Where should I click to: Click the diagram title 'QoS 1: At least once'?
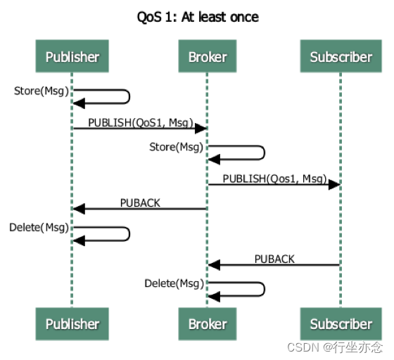(198, 18)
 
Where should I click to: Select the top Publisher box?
(72, 56)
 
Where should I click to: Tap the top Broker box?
(208, 56)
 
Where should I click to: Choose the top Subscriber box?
(341, 56)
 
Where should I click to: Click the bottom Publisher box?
(72, 324)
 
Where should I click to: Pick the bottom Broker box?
(208, 324)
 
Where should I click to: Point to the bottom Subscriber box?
(341, 324)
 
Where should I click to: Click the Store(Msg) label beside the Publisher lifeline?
(42, 91)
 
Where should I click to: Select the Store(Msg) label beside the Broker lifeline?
(176, 147)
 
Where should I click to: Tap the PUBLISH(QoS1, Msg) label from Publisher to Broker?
(141, 123)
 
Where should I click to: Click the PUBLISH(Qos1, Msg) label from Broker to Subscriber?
(274, 179)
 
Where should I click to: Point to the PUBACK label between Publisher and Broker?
(140, 202)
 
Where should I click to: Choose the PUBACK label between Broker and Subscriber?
(274, 259)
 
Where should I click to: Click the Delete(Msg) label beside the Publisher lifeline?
(39, 228)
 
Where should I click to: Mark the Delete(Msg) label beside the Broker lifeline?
(174, 283)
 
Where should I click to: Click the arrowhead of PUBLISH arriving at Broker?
(201, 129)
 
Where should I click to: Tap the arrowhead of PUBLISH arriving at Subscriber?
(334, 185)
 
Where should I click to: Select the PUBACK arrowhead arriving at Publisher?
(79, 209)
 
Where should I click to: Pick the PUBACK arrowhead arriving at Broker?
(214, 265)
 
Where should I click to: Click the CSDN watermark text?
(335, 347)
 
